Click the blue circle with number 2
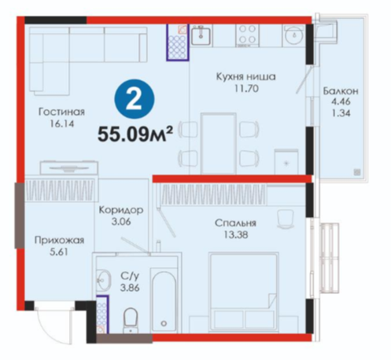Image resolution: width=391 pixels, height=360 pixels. tap(135, 99)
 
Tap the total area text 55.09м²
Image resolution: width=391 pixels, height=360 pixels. tap(135, 134)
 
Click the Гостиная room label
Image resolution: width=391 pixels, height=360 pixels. tap(61, 112)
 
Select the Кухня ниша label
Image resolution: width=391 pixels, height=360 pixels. tap(245, 77)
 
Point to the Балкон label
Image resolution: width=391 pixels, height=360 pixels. tap(341, 91)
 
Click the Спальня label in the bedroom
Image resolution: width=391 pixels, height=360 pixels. tap(235, 223)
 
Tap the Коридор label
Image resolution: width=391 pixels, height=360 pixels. tap(121, 210)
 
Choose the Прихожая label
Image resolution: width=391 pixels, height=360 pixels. tap(59, 240)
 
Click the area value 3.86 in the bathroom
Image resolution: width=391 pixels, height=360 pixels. tap(130, 288)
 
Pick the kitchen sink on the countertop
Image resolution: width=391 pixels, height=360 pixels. tap(201, 35)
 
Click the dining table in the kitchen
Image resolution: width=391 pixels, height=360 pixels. tap(219, 143)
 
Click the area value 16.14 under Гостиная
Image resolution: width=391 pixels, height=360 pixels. tap(62, 123)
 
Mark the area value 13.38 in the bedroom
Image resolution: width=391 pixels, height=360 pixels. tap(236, 235)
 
